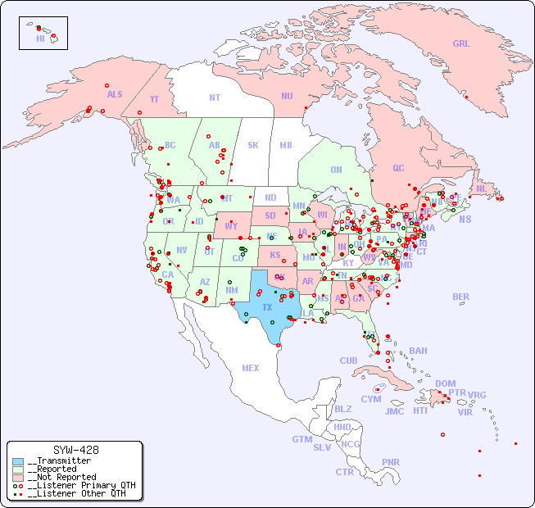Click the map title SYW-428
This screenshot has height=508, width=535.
coord(75,450)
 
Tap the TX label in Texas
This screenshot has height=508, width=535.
coord(266,307)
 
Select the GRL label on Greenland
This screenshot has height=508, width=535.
coord(461,43)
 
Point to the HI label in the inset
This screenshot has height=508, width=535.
coord(40,39)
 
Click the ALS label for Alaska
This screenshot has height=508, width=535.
coord(115,94)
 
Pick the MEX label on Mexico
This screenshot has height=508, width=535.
coord(251,368)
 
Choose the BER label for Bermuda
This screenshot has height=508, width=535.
coord(461,297)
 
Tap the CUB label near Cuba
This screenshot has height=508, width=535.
coord(349,361)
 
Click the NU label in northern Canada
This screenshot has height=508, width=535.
coord(287,96)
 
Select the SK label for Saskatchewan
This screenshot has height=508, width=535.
coord(253,145)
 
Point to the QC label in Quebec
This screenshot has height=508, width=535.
coord(398,168)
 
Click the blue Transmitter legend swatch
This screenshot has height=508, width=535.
coord(19,461)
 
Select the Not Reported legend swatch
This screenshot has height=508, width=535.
coord(19,477)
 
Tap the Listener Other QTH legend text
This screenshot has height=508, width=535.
coord(76,493)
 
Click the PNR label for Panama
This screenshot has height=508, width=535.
coord(391,462)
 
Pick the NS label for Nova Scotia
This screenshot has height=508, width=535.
coord(465,219)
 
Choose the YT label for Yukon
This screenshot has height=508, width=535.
coord(154,99)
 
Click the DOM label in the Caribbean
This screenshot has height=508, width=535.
coord(445,383)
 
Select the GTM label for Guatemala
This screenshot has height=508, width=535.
coord(302,439)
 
